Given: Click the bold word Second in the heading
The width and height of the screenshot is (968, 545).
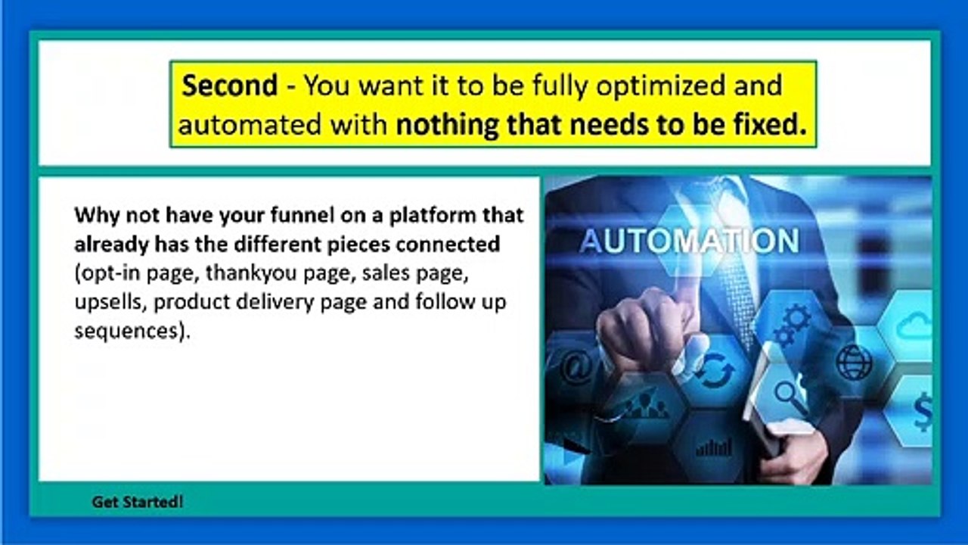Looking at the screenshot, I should pos(230,86).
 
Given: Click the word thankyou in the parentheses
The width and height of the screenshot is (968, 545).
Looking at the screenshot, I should pos(240,273).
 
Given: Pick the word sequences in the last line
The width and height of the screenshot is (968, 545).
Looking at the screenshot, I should pos(126,331).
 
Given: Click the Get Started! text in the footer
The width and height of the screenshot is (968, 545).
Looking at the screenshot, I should pos(138,502).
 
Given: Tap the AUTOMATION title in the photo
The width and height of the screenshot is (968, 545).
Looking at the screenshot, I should pos(689,241).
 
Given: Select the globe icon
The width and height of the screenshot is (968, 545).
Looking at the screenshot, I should pos(854,362).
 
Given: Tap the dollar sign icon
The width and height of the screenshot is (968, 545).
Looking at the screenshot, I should pos(923,413).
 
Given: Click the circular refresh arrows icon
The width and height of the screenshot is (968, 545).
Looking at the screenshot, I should pos(715,371).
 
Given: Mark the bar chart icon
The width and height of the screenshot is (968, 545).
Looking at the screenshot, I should pos(713,447).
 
